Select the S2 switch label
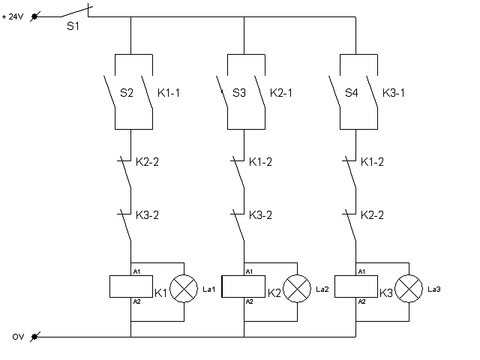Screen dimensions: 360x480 click(x=127, y=94)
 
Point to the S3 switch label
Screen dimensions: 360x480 click(x=239, y=94)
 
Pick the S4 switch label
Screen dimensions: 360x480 click(x=351, y=94)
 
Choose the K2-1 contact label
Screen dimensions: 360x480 click(x=282, y=94)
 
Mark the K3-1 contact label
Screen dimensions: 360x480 click(x=394, y=94)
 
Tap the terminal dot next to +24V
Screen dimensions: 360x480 click(x=34, y=15)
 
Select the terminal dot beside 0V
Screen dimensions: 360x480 click(x=34, y=337)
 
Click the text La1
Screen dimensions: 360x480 click(x=209, y=289)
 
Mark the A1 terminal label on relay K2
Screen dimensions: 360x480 click(x=249, y=271)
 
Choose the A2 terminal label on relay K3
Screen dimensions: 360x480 click(x=361, y=301)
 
